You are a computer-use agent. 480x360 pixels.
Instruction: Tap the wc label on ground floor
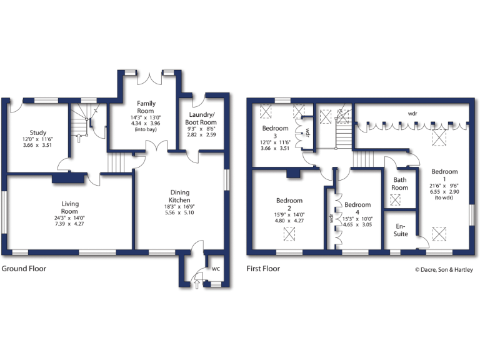coord(216,269)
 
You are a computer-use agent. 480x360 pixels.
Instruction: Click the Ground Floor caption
coord(24,269)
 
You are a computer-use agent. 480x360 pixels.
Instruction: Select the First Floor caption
coord(263,269)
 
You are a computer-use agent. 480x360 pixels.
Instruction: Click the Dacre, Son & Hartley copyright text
coord(444,270)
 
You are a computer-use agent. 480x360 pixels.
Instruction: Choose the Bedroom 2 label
coord(289,204)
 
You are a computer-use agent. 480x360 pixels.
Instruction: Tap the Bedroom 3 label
coord(275,132)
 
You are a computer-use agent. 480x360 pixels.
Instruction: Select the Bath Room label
coord(400,184)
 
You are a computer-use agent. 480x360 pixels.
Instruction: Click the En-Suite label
coord(400,230)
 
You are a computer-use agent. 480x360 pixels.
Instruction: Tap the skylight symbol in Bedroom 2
coord(289,234)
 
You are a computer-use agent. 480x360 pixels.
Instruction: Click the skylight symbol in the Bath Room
coord(395,200)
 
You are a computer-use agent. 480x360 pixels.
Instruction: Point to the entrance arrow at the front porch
coord(198,284)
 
